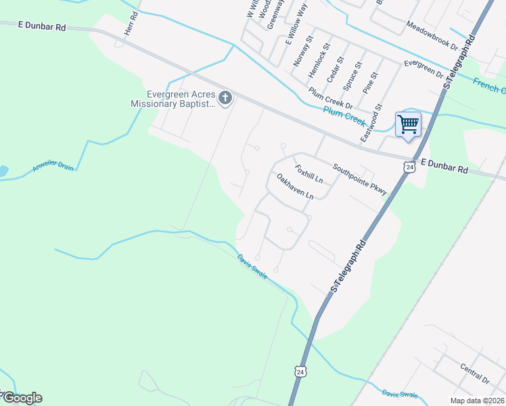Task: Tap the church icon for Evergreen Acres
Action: (225, 99)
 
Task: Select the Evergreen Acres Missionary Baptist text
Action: (172, 99)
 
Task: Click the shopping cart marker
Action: (408, 124)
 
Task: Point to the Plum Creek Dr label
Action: (331, 97)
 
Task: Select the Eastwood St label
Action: (372, 122)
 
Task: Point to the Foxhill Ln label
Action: (308, 173)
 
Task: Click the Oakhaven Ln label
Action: (296, 186)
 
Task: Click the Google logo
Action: (22, 398)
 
